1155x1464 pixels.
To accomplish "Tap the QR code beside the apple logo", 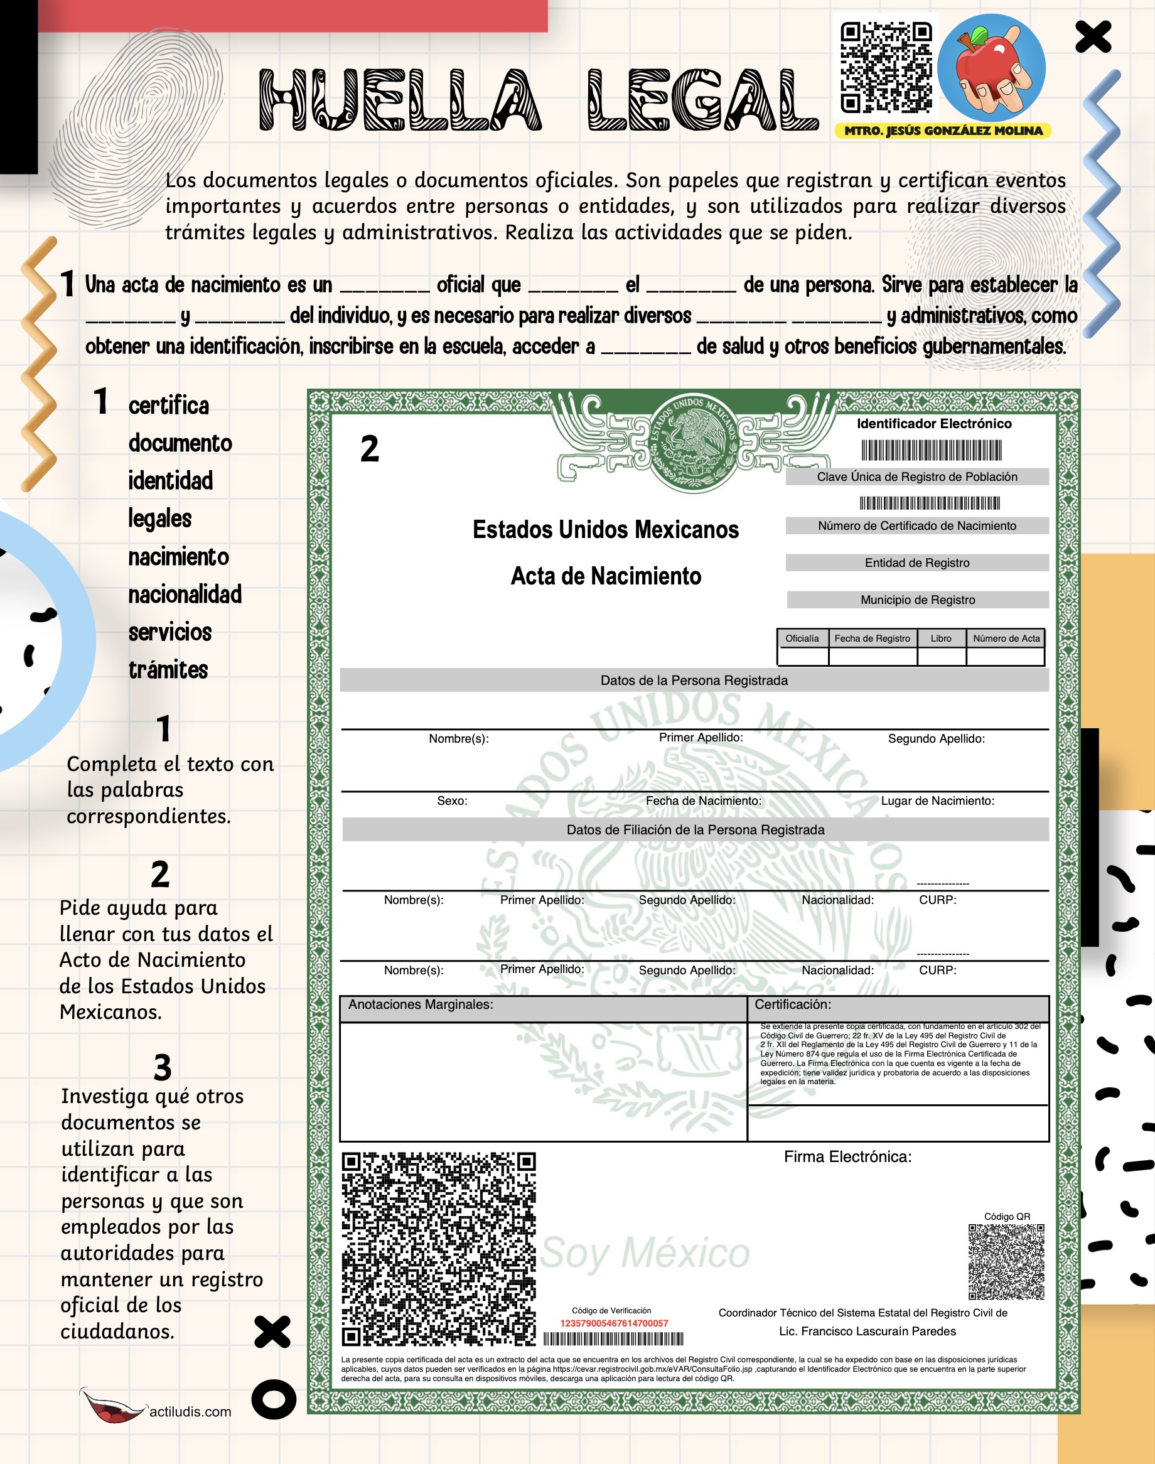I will [x=885, y=67].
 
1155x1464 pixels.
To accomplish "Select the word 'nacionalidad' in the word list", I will [x=185, y=595].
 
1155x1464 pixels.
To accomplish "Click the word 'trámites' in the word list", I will [x=168, y=669].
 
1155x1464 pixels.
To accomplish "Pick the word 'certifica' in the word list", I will [x=168, y=405].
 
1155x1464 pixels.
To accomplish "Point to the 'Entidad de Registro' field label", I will [x=916, y=562].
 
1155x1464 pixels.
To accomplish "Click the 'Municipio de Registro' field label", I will [x=917, y=600].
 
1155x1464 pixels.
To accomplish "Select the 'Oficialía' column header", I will [x=802, y=638].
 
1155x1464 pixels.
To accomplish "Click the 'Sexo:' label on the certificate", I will [x=452, y=800].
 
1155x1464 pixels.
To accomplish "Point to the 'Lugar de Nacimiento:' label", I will [x=937, y=800].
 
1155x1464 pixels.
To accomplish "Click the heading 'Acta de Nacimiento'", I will [x=605, y=576].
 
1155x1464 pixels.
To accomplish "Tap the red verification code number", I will [x=613, y=1323].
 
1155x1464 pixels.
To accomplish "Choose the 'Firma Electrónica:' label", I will [x=847, y=1157].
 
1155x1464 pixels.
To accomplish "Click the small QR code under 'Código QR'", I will [x=1006, y=1262].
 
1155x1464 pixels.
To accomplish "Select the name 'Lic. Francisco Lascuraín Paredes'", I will [x=867, y=1331].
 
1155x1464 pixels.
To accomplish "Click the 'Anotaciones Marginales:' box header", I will [x=420, y=1005].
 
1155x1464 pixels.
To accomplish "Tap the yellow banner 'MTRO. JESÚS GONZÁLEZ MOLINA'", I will [x=943, y=131].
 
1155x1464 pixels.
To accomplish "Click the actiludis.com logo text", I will [x=190, y=1411].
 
